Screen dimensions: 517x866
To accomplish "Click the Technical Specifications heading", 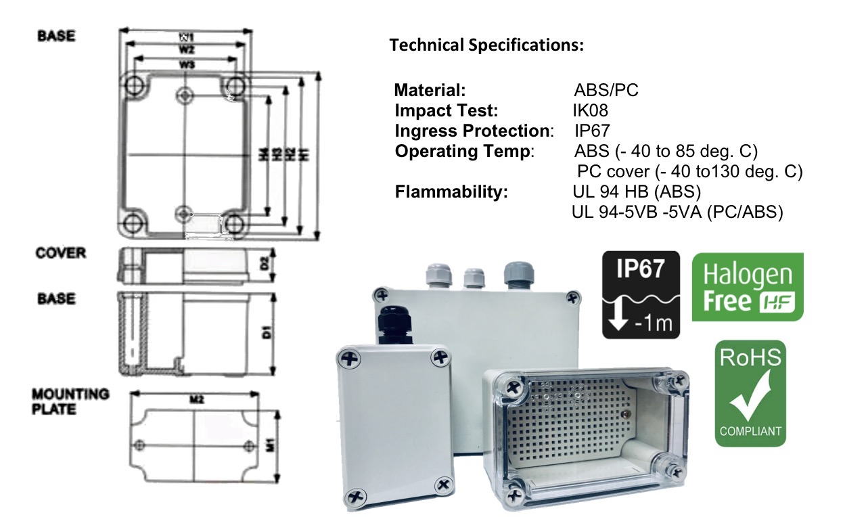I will [486, 46].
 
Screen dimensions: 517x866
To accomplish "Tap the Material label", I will [430, 90].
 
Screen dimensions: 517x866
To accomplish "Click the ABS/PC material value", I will [606, 90].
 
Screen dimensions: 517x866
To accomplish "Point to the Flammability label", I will [451, 192].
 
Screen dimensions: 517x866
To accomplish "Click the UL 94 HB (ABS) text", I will [637, 192].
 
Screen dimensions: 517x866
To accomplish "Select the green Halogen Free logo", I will [747, 287].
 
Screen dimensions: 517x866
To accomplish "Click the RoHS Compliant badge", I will [750, 393].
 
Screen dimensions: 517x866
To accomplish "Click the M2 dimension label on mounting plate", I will [197, 399].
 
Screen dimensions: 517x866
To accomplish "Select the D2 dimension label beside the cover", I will [265, 265].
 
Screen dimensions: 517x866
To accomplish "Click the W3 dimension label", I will [187, 64].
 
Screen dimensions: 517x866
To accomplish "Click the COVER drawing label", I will [61, 253].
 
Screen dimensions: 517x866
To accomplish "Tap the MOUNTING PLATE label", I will [70, 401].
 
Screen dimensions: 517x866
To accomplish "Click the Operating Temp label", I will [464, 151].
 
